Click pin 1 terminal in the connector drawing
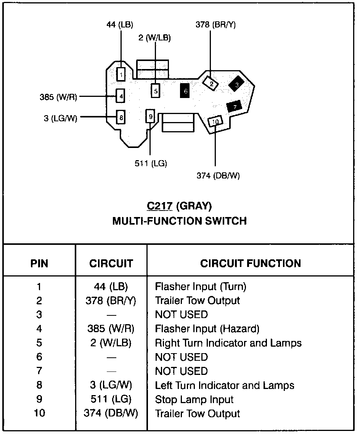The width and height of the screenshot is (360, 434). (121, 74)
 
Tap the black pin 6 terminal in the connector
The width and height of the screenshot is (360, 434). (185, 91)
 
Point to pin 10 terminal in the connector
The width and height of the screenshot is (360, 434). (215, 121)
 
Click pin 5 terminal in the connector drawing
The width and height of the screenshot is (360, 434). (155, 91)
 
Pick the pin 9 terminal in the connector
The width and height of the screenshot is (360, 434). (150, 116)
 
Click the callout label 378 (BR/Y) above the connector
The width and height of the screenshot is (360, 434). (215, 25)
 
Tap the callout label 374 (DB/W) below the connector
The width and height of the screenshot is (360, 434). (218, 175)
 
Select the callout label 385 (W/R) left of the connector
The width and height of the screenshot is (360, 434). (58, 97)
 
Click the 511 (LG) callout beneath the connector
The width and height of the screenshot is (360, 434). (151, 164)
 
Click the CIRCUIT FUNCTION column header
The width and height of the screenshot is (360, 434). (251, 263)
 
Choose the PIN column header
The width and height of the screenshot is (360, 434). (40, 264)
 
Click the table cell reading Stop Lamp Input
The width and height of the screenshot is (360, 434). (194, 400)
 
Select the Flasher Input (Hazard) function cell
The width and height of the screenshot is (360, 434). (207, 328)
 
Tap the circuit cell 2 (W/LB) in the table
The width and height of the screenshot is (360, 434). (111, 343)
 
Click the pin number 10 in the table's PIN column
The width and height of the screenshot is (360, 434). (40, 413)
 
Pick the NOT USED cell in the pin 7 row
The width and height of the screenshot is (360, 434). (181, 371)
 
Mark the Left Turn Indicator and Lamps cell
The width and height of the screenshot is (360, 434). (225, 385)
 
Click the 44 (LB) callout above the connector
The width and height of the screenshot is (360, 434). (119, 25)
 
